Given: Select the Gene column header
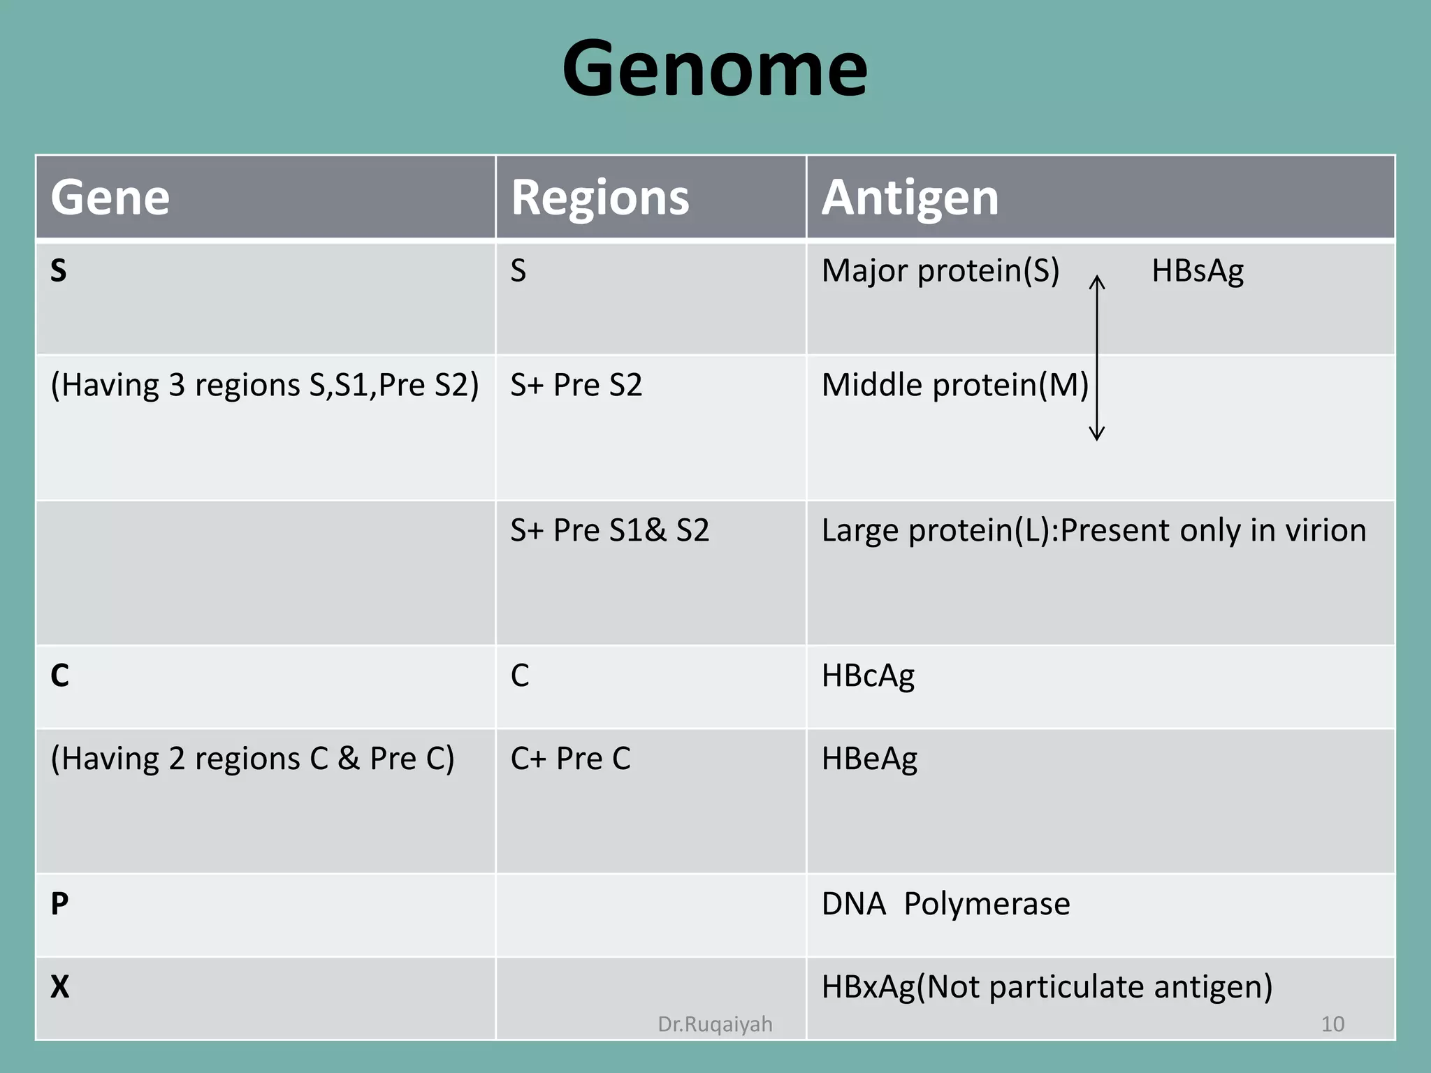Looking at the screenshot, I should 110,198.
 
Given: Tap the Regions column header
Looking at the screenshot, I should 600,198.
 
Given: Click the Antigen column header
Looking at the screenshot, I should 910,198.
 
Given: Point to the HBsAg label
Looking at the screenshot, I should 1197,271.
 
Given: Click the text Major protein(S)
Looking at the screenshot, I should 940,271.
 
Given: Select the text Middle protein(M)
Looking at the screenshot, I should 954,386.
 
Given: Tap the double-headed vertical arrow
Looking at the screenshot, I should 1097,358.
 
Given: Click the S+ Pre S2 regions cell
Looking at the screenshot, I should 576,386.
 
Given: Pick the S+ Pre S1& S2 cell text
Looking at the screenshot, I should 609,531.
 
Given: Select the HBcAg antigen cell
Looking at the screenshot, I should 868,676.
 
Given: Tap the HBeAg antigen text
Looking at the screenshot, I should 869,759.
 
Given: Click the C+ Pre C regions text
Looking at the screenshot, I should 570,759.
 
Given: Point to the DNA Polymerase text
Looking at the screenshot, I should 945,905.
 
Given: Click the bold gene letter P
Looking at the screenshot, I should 59,905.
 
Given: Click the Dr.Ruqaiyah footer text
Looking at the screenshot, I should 715,1024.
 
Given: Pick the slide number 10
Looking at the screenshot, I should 1332,1024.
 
